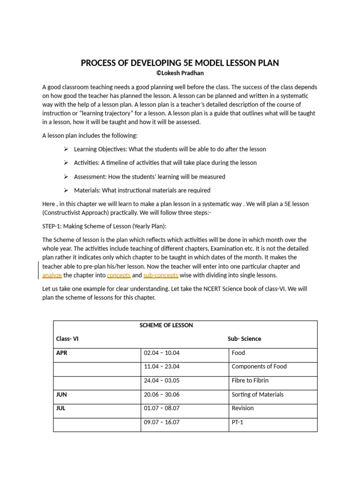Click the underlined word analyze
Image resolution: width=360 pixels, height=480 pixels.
[x=52, y=275]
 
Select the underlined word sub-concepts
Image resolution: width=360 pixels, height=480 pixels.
[x=161, y=275]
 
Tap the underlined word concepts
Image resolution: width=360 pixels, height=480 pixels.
[x=119, y=275]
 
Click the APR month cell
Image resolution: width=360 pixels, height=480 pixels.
[x=62, y=353]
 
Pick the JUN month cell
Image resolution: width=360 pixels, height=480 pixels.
[x=61, y=394]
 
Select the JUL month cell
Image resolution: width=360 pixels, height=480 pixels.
[x=61, y=408]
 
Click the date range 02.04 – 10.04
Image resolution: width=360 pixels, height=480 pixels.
[x=162, y=353]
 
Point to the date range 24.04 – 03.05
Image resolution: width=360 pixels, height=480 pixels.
[x=162, y=381]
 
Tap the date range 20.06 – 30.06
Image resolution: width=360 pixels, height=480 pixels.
[x=162, y=394]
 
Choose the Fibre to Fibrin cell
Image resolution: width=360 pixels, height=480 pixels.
[x=250, y=381]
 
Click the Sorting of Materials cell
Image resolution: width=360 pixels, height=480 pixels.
[x=257, y=394]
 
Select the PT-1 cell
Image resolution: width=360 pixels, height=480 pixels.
[x=238, y=422]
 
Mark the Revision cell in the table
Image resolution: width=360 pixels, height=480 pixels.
[x=242, y=408]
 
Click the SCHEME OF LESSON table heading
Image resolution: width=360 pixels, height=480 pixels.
[x=166, y=325]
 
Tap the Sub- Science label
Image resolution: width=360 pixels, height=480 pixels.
[x=244, y=338]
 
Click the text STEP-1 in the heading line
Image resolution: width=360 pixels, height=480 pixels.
[x=51, y=226]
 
